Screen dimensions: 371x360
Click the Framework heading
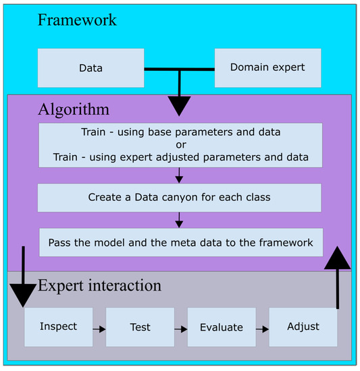(x=77, y=19)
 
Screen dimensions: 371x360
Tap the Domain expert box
(x=267, y=68)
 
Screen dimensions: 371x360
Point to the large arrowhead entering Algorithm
(x=179, y=105)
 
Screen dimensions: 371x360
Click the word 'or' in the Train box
(x=179, y=144)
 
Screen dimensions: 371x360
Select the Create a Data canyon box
(x=179, y=198)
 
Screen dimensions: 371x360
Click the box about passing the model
(x=180, y=242)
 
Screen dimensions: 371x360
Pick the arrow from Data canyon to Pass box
(x=179, y=220)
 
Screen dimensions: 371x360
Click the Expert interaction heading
(x=99, y=285)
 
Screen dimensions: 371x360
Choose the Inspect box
(x=58, y=326)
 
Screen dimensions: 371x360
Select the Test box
(x=140, y=326)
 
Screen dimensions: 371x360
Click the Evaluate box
(x=221, y=326)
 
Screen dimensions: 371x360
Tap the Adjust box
(x=303, y=326)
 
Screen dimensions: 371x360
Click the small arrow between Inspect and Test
(x=99, y=329)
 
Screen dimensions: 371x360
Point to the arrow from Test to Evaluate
(x=180, y=329)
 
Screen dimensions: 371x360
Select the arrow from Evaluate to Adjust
(x=262, y=329)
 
